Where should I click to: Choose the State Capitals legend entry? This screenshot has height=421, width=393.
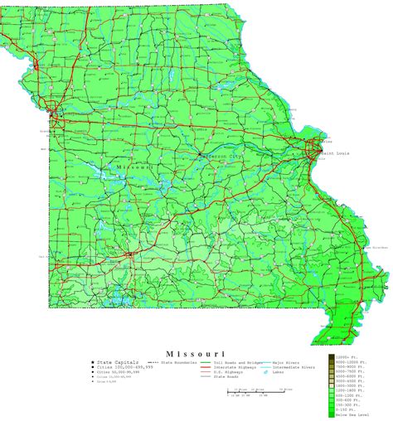117,362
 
